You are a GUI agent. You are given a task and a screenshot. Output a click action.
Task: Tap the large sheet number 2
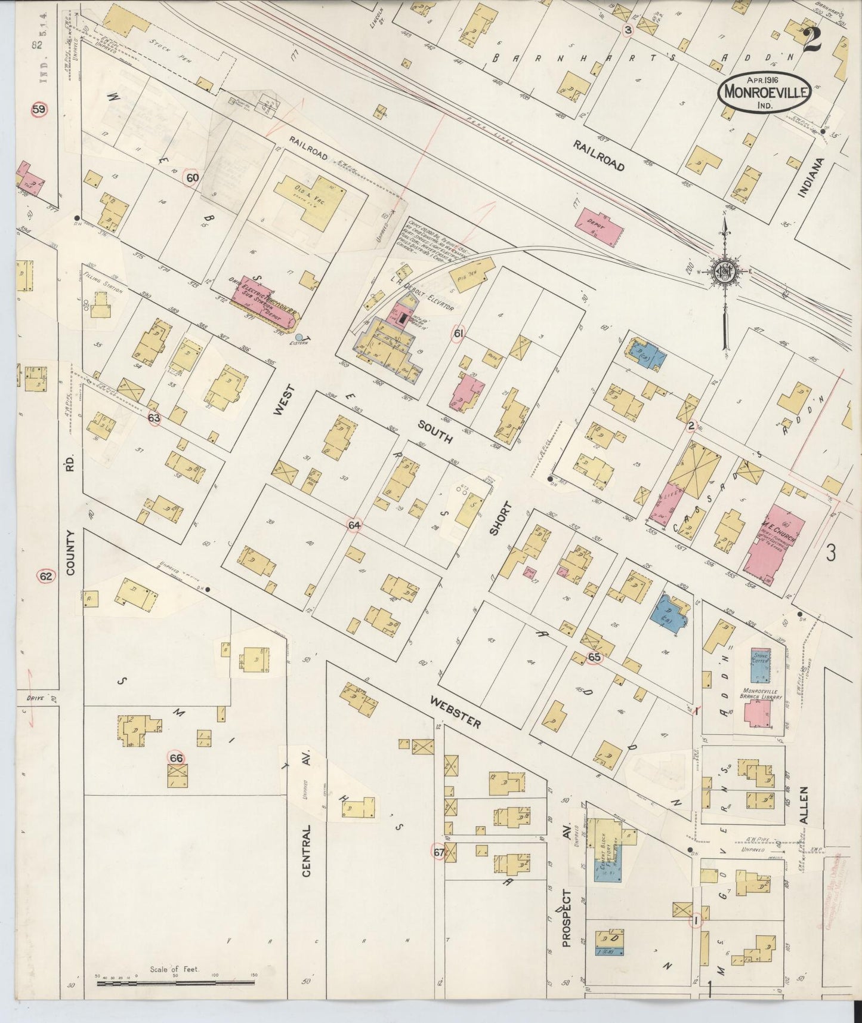(x=812, y=40)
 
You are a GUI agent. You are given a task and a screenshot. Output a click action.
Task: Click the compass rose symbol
(x=725, y=272)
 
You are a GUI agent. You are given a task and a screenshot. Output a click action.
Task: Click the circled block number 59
(x=39, y=110)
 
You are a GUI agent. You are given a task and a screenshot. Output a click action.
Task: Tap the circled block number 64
(x=354, y=525)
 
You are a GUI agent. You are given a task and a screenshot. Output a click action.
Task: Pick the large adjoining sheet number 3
(x=830, y=553)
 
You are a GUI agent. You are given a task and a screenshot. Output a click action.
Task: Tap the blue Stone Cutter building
(x=760, y=665)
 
